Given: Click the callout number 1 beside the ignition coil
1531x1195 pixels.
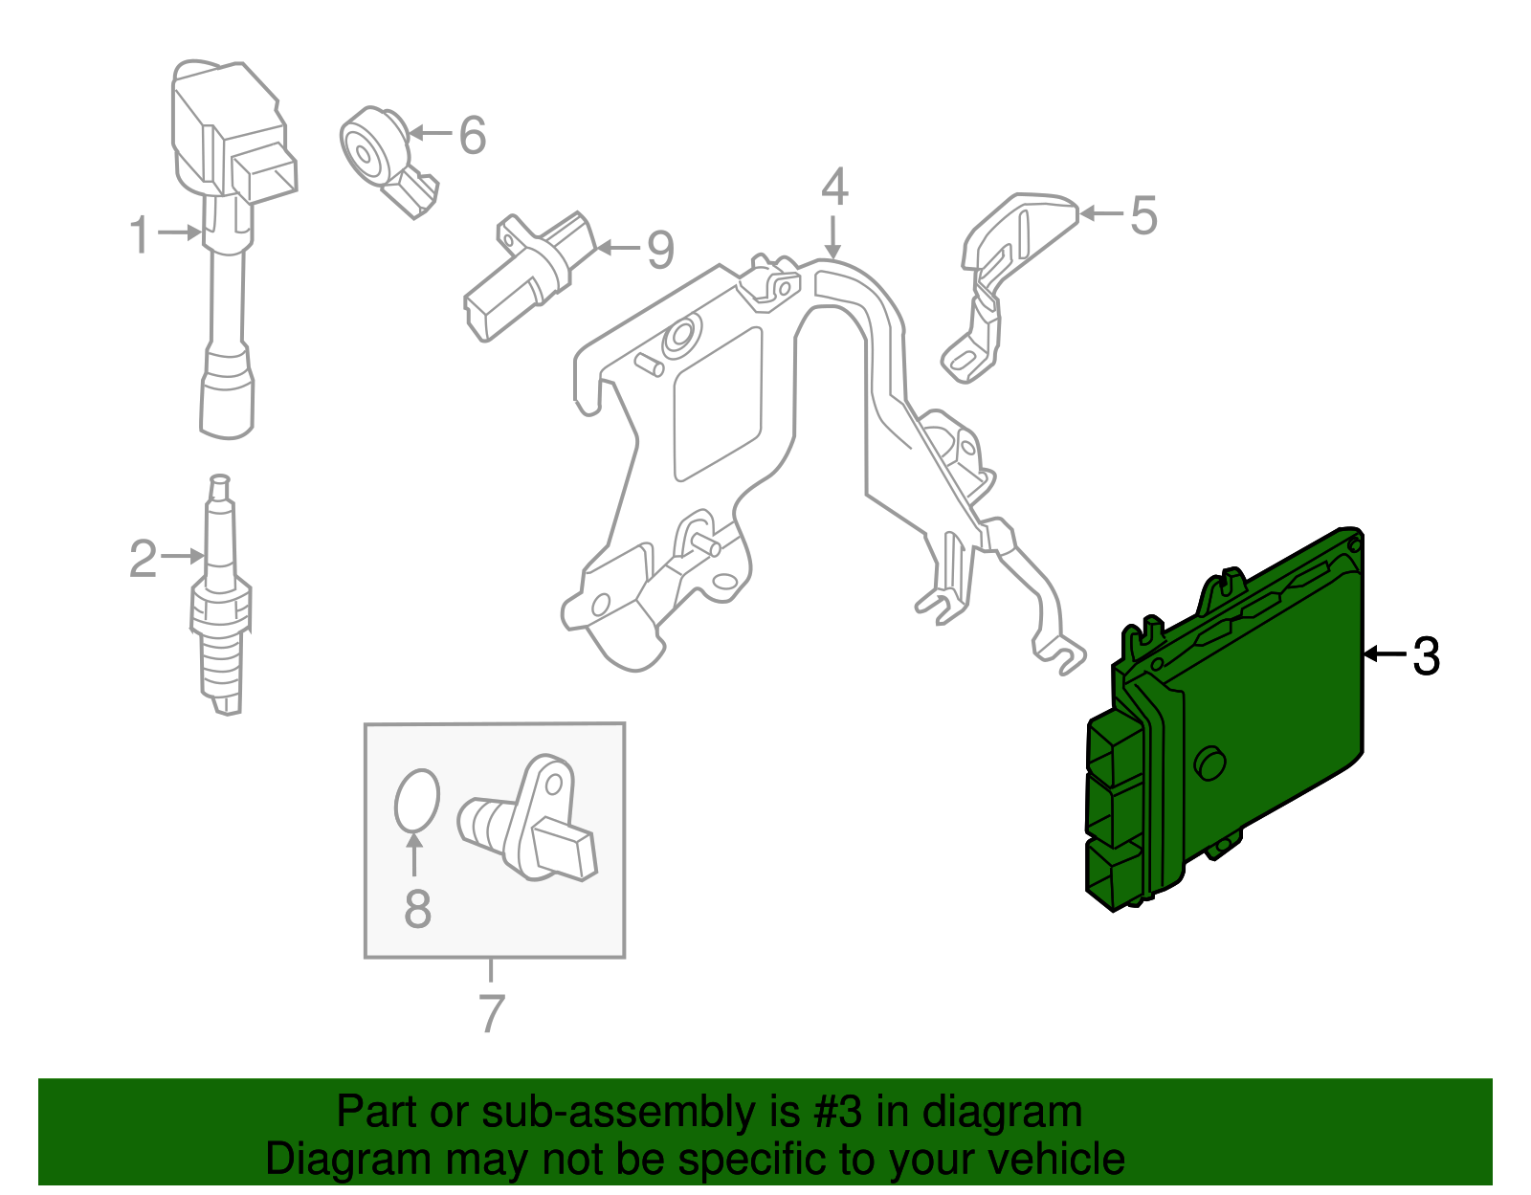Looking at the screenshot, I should pos(141,235).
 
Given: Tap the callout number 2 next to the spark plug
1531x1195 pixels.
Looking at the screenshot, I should pos(143,559).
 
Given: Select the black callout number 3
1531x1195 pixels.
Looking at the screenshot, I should pos(1426,657).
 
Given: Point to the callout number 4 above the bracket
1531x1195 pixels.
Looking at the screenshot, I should pos(834,188).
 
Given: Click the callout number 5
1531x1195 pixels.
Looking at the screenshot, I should pos(1143,216).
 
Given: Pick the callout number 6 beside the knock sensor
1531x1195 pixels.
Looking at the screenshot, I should pos(472,136).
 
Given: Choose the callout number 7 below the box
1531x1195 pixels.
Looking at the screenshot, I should pos(491,1014).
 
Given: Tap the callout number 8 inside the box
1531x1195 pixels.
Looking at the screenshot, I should pos(417,909).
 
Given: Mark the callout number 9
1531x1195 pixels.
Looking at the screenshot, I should pos(660,251).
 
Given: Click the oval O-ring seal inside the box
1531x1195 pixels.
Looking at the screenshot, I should pos(417,799).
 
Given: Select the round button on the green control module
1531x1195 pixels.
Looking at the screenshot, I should pos(1210,763).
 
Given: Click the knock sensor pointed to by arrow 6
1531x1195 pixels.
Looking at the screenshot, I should pos(378,151).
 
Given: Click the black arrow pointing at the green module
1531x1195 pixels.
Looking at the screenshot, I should pos(1384,654).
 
